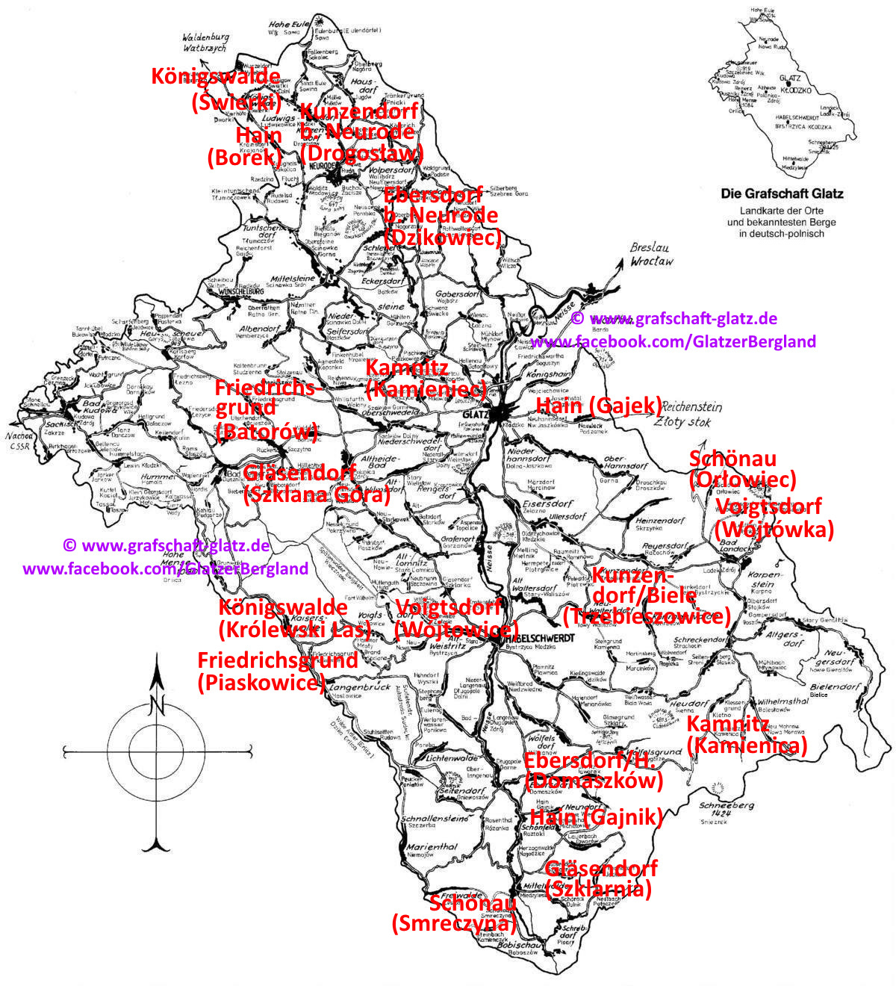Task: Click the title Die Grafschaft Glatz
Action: pos(782,193)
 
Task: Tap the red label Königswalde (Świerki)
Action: pos(217,88)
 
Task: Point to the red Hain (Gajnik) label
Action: pos(596,817)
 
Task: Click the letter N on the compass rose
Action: pos(156,704)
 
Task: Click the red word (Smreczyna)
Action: pos(454,923)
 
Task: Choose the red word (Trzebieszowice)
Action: pos(647,617)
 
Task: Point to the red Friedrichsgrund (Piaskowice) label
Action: pos(267,671)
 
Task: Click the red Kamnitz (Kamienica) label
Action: pos(747,734)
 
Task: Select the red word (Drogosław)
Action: pos(361,153)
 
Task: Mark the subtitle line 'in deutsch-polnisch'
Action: pos(782,233)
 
